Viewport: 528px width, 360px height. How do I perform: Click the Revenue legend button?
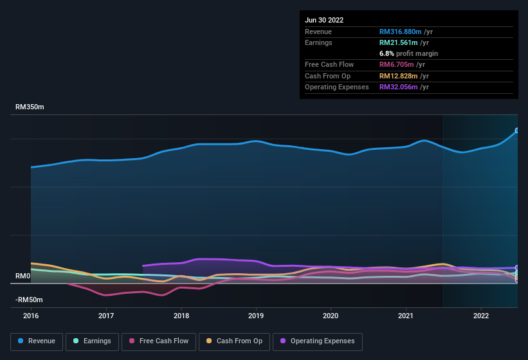[37, 341]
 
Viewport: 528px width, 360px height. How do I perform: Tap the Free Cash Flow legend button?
[159, 341]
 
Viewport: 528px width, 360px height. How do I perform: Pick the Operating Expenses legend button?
[318, 341]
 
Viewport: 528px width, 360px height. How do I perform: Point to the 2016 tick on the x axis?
[31, 316]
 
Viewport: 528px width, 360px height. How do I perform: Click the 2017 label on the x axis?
[106, 316]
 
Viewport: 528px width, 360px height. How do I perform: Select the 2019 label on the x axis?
[256, 316]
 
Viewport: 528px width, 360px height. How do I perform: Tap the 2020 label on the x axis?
[331, 316]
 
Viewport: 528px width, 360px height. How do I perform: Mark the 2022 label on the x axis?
[481, 316]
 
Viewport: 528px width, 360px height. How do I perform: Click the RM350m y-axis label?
[30, 107]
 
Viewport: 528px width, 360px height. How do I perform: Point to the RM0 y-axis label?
[23, 276]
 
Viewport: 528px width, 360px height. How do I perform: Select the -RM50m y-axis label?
[30, 300]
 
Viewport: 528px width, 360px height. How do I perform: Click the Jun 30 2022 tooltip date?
[324, 20]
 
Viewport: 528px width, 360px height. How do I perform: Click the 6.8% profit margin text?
[408, 53]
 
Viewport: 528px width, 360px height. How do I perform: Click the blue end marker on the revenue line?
[517, 130]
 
